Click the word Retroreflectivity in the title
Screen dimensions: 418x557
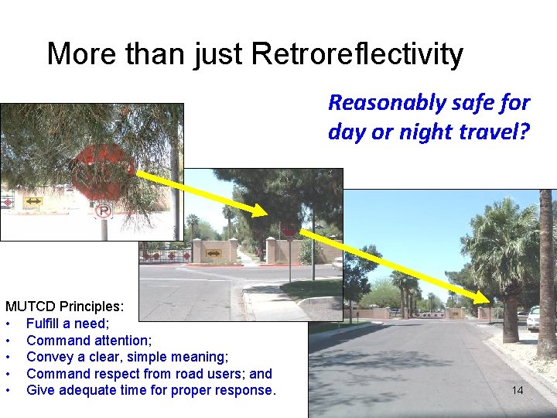357,54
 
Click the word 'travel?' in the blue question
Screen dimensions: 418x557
495,132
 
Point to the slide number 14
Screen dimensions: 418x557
518,390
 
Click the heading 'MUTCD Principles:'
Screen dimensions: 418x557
63,307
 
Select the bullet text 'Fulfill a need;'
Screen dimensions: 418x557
68,324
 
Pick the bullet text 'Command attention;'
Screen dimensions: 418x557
88,340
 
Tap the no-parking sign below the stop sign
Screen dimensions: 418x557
103,210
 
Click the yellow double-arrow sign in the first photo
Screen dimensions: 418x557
33,201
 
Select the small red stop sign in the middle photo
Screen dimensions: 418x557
289,229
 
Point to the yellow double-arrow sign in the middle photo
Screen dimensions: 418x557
213,252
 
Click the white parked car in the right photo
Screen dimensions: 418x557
533,318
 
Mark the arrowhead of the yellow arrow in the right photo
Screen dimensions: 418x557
487,300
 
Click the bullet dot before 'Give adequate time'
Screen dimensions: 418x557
8,390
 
